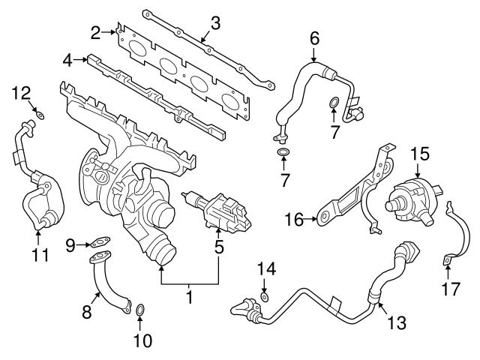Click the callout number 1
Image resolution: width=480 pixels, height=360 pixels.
(190, 298)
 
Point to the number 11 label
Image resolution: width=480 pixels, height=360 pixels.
(40, 254)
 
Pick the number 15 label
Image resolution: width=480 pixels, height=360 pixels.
(419, 154)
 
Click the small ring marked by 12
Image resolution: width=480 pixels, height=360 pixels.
(40, 115)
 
